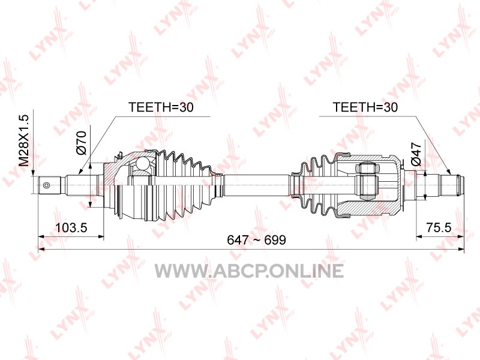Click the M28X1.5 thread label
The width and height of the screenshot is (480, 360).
click(x=24, y=140)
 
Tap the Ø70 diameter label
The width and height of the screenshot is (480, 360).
click(x=82, y=142)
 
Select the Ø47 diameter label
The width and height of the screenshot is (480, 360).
click(x=416, y=154)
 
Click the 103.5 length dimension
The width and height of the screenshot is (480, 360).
click(x=71, y=227)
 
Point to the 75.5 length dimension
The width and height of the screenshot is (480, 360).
click(x=439, y=227)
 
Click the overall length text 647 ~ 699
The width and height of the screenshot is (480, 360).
click(x=257, y=240)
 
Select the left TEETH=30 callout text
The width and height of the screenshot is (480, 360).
click(x=161, y=107)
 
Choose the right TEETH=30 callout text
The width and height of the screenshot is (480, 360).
click(x=365, y=107)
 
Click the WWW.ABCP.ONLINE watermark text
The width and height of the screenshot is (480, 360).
click(x=249, y=271)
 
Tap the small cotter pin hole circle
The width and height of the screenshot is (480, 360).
click(x=47, y=185)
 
